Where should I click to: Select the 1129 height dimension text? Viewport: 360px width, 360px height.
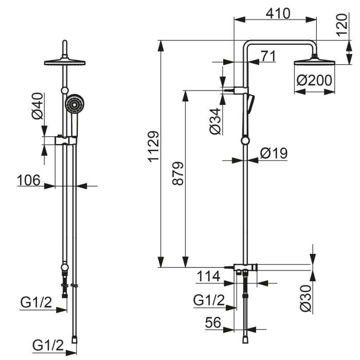[153, 147]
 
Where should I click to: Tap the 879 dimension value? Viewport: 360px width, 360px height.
[178, 173]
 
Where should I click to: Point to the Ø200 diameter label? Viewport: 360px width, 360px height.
[314, 80]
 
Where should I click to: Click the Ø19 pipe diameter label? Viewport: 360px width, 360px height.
[274, 153]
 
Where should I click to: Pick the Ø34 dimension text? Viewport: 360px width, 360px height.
[215, 121]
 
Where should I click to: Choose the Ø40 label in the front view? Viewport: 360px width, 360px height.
[37, 106]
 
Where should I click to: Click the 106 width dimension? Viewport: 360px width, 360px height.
[29, 180]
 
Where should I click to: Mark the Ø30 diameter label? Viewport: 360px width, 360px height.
[306, 298]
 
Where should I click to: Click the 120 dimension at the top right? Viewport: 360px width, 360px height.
[342, 25]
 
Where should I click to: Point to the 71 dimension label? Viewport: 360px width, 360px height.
[268, 56]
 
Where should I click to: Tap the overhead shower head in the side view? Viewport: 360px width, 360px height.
[315, 62]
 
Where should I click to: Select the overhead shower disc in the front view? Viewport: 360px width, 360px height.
[65, 62]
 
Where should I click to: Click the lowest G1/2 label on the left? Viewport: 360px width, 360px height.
[48, 345]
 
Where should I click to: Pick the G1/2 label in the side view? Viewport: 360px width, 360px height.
[209, 300]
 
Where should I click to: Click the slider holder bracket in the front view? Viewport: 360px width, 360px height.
[66, 140]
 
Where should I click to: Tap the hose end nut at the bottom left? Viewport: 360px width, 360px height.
[75, 339]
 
